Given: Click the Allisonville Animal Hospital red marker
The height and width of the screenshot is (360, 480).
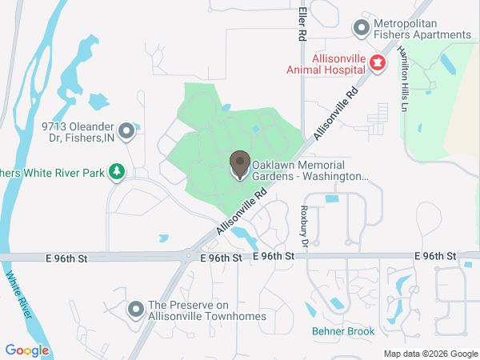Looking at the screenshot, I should [x=378, y=63].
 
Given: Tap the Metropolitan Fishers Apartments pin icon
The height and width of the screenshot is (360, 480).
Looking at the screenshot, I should [x=362, y=29].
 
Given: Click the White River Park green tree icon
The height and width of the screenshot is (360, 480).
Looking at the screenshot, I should [x=117, y=172].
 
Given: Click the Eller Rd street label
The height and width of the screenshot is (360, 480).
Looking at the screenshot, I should [x=302, y=24].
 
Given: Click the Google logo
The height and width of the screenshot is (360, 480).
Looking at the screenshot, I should [x=26, y=350].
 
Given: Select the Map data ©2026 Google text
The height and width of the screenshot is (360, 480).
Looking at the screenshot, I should [x=430, y=354].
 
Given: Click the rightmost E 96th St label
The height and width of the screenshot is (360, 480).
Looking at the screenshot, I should [x=435, y=255].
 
